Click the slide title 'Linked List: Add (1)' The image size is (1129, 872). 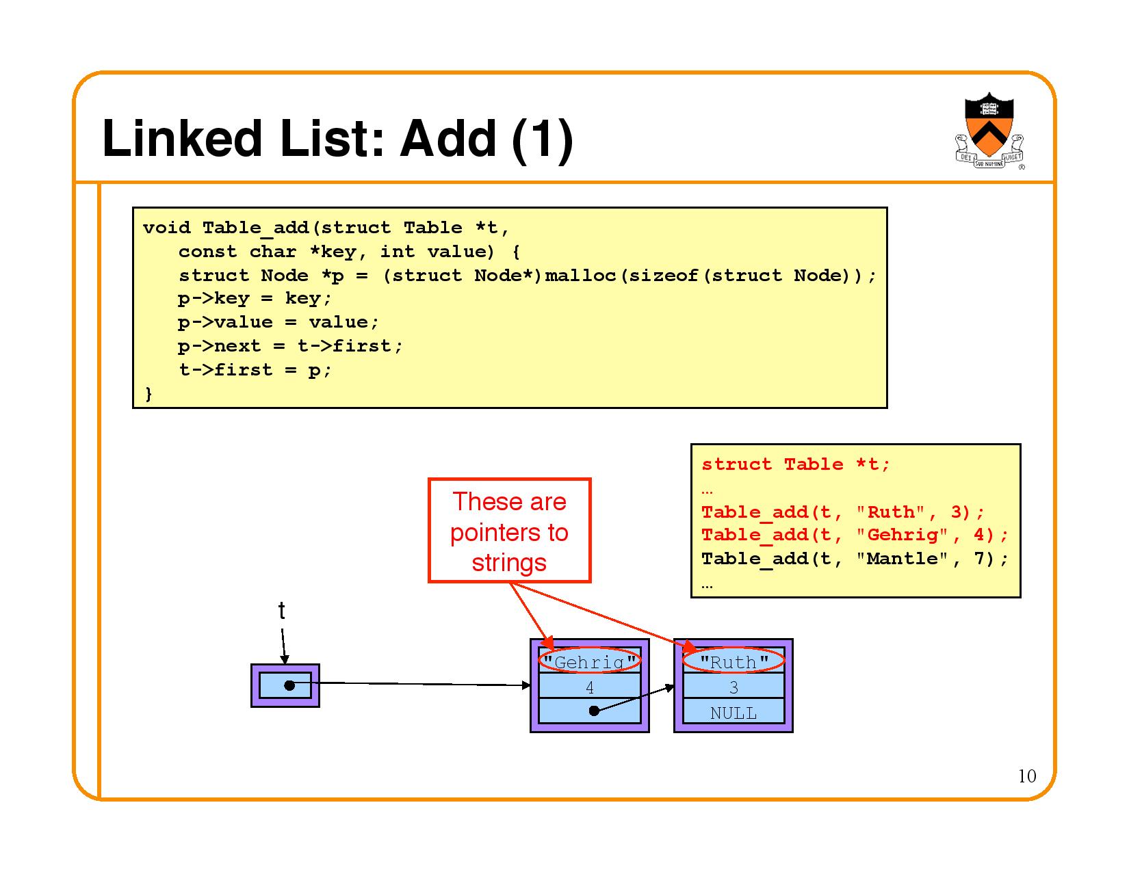[337, 140]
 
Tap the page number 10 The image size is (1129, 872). [1026, 776]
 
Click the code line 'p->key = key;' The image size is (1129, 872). [255, 299]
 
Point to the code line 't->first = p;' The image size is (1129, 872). [255, 370]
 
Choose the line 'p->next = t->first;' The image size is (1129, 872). [290, 346]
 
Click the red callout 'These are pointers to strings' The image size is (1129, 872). [509, 531]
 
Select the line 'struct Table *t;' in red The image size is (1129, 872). [796, 465]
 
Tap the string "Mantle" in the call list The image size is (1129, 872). [901, 559]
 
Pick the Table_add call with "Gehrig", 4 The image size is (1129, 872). [855, 536]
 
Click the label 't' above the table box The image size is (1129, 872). [281, 611]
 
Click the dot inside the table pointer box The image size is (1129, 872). [289, 685]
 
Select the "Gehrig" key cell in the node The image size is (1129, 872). [590, 661]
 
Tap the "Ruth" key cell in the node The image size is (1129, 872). [734, 661]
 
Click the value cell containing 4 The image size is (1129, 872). [590, 687]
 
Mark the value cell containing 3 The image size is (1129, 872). [734, 687]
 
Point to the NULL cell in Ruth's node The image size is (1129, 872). [734, 713]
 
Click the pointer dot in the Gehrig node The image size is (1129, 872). [594, 711]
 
